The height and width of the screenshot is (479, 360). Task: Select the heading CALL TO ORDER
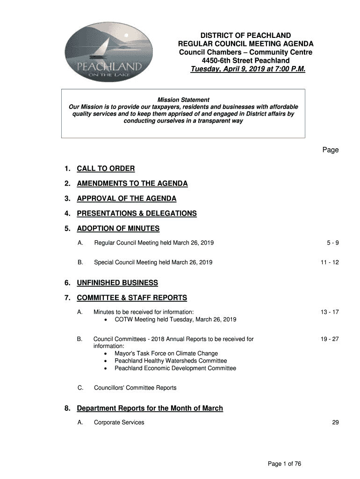pyautogui.click(x=106, y=168)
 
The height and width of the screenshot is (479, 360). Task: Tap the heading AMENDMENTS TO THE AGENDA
pyautogui.click(x=132, y=183)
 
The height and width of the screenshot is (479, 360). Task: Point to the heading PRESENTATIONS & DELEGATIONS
pyautogui.click(x=137, y=213)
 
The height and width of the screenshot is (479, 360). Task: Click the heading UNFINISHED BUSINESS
pyautogui.click(x=117, y=283)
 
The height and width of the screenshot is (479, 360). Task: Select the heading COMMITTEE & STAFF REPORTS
pyautogui.click(x=131, y=298)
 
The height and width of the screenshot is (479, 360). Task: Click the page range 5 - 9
pyautogui.click(x=332, y=243)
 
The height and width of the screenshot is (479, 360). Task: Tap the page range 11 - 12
pyautogui.click(x=330, y=262)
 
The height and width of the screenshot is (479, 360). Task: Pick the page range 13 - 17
pyautogui.click(x=330, y=312)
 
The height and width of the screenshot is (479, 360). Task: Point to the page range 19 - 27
pyautogui.click(x=330, y=339)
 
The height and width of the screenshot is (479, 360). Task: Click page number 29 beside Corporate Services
pyautogui.click(x=335, y=422)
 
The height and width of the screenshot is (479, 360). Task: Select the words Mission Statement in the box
pyautogui.click(x=183, y=100)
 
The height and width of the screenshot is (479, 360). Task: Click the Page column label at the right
pyautogui.click(x=330, y=150)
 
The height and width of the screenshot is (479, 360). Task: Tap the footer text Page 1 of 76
pyautogui.click(x=284, y=464)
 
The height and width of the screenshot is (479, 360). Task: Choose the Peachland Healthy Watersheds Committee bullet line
pyautogui.click(x=171, y=361)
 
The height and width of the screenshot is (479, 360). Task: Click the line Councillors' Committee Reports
pyautogui.click(x=135, y=388)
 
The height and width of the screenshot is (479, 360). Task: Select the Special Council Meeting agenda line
pyautogui.click(x=153, y=262)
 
